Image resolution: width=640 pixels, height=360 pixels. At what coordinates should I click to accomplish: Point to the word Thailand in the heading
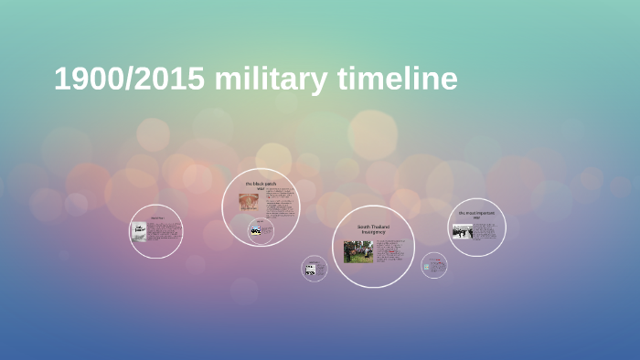(x=380, y=226)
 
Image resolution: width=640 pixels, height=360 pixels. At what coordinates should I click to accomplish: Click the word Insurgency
(x=373, y=232)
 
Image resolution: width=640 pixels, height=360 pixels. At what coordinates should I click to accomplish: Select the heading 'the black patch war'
(x=261, y=186)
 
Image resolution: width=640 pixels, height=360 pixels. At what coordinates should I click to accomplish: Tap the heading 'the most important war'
(x=476, y=216)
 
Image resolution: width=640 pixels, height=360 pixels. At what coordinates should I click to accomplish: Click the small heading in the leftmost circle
(x=156, y=217)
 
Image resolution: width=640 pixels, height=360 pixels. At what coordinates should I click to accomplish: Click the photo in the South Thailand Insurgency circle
(x=357, y=251)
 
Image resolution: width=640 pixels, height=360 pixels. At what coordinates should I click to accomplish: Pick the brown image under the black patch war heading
(x=249, y=201)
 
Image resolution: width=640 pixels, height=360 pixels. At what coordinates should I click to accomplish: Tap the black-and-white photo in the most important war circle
(x=462, y=231)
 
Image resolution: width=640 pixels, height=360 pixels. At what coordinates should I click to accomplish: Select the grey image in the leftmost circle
(x=139, y=231)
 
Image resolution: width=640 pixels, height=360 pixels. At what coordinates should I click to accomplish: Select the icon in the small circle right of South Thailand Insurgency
(x=432, y=266)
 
